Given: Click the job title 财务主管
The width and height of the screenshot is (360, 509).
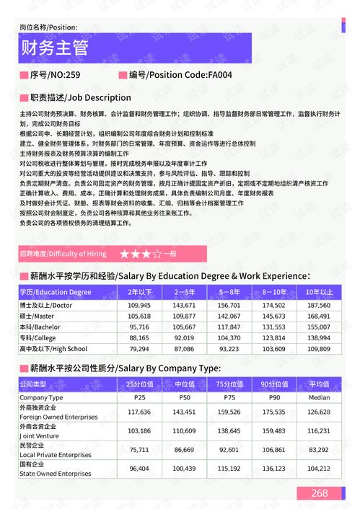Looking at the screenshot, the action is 55,48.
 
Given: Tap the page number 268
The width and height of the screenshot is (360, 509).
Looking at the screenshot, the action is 319,493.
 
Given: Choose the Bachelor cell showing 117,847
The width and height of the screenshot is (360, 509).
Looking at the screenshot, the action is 229,327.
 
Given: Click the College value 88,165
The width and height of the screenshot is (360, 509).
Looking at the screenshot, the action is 139,337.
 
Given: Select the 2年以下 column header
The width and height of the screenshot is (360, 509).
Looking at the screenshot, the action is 139,292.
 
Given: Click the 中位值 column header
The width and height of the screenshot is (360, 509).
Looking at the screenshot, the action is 185,384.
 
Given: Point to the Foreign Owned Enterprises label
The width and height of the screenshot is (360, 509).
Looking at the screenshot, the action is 54,416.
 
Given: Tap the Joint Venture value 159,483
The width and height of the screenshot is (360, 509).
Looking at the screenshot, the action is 274,430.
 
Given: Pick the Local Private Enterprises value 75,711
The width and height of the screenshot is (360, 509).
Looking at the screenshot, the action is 139,449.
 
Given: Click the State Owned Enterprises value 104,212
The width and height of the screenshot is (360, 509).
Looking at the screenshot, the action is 318,468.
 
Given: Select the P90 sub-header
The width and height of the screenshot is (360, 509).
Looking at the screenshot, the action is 274,397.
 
